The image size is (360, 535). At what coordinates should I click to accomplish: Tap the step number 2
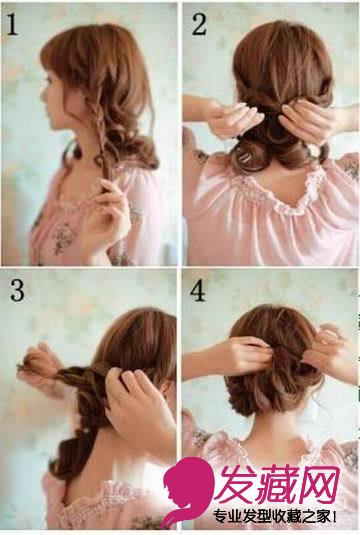(x=200, y=24)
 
